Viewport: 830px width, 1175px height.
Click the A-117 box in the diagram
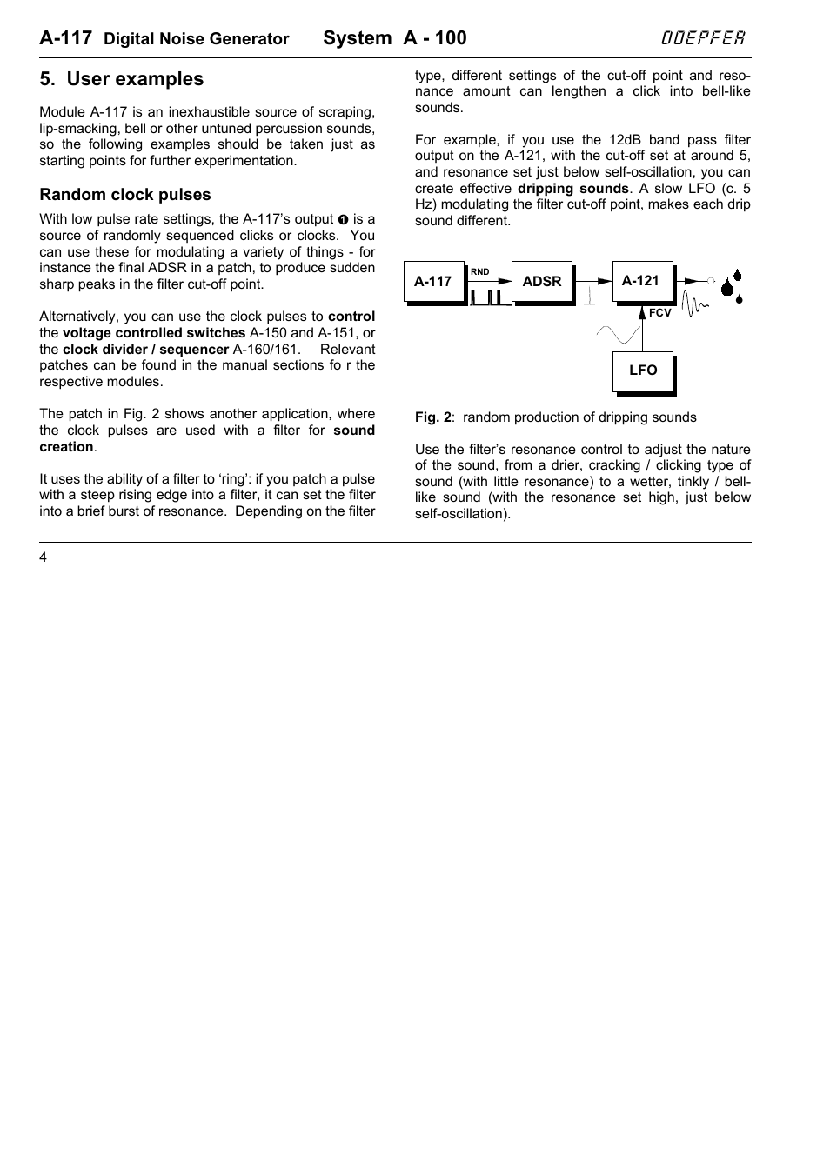[433, 282]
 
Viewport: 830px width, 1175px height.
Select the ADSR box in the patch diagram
[541, 282]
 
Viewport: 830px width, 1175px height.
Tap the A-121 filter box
[641, 281]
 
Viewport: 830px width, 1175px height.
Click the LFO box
[643, 371]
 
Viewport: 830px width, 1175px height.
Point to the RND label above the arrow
[479, 272]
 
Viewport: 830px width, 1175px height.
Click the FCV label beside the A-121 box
[660, 313]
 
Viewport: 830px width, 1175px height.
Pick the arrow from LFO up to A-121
[642, 327]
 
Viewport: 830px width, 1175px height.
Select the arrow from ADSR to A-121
[593, 282]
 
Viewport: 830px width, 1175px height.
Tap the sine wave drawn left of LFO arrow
[618, 333]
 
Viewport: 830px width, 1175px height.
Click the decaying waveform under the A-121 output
[695, 305]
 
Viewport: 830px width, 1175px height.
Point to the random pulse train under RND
[489, 297]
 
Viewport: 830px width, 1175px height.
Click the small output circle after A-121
[711, 281]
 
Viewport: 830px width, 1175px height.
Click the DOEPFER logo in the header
[703, 37]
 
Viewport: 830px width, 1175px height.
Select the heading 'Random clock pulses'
[125, 195]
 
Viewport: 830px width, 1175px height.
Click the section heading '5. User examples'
[122, 79]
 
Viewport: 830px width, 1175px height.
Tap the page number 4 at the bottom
[44, 557]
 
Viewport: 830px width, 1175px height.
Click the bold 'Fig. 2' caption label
[432, 417]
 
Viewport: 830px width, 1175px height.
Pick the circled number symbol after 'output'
[343, 220]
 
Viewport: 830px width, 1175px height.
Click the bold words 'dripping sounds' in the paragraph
[572, 189]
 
